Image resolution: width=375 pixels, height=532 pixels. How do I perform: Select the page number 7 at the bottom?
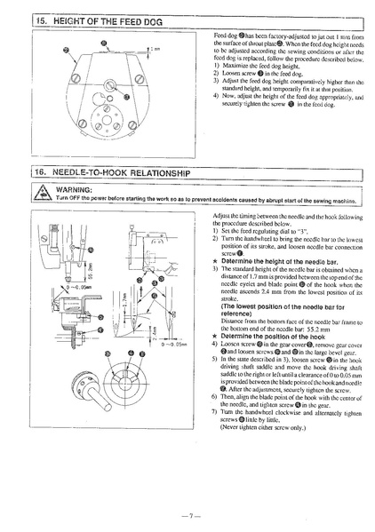pyautogui.click(x=187, y=514)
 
